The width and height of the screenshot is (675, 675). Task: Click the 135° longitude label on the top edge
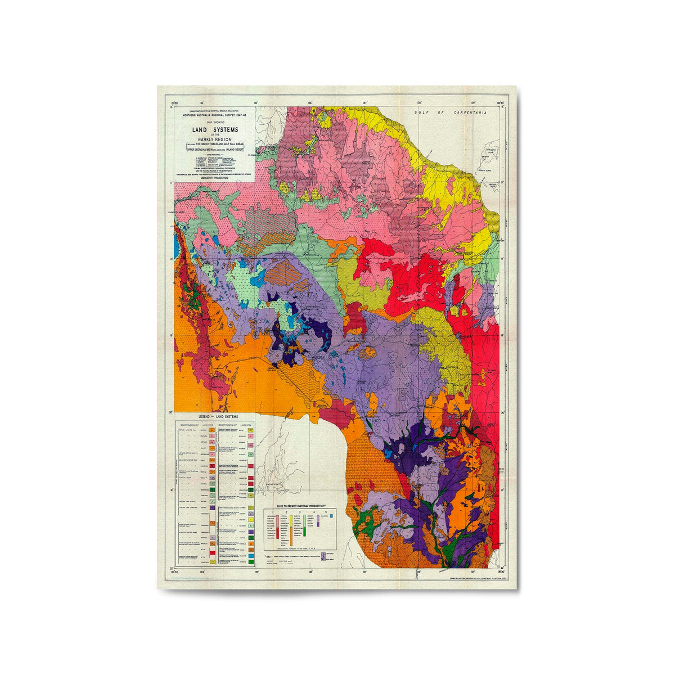pos(256,103)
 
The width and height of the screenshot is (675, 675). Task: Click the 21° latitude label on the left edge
pos(170,489)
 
